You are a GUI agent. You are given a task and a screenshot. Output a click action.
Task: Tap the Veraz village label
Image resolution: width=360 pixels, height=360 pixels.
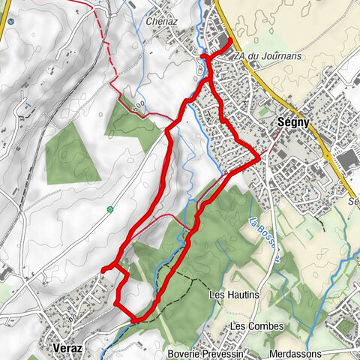[x=68, y=348]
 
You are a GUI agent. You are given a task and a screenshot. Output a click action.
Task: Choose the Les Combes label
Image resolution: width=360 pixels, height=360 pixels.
[x=249, y=326]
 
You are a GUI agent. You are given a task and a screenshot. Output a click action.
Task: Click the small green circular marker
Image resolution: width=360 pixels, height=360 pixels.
[x=109, y=208]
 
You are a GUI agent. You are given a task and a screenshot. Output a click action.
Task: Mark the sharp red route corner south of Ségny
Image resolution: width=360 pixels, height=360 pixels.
[x=259, y=157]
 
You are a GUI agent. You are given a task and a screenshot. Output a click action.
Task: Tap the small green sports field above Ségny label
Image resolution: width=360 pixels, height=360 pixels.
[x=262, y=109]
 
